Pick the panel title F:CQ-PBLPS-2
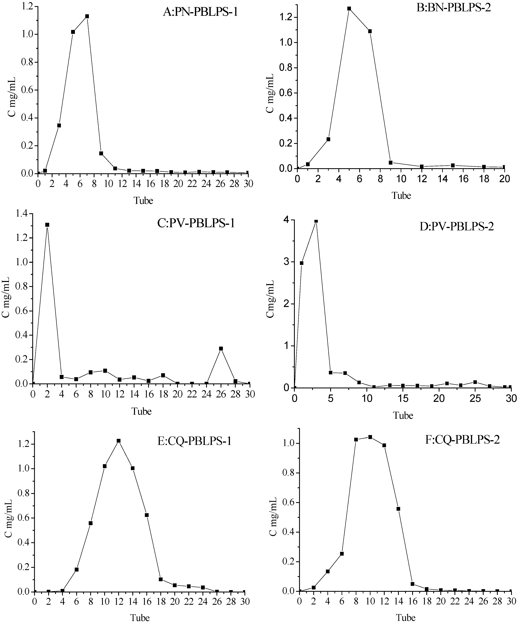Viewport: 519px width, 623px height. (x=462, y=439)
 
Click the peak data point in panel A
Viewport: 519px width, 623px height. (x=87, y=16)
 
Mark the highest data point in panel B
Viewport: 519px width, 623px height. (x=349, y=9)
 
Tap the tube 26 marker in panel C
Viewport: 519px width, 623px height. (x=221, y=349)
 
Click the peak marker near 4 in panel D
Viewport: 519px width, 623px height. (x=316, y=221)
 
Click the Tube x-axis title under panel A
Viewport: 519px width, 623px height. (x=143, y=201)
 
